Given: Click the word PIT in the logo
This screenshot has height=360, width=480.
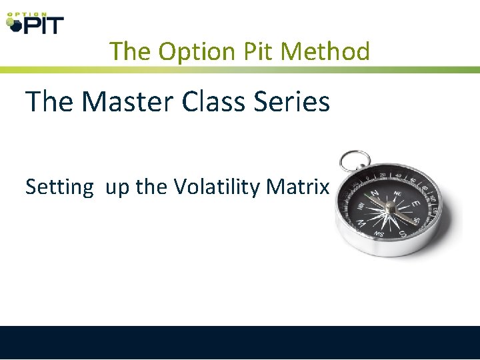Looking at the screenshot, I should point(43,25).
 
